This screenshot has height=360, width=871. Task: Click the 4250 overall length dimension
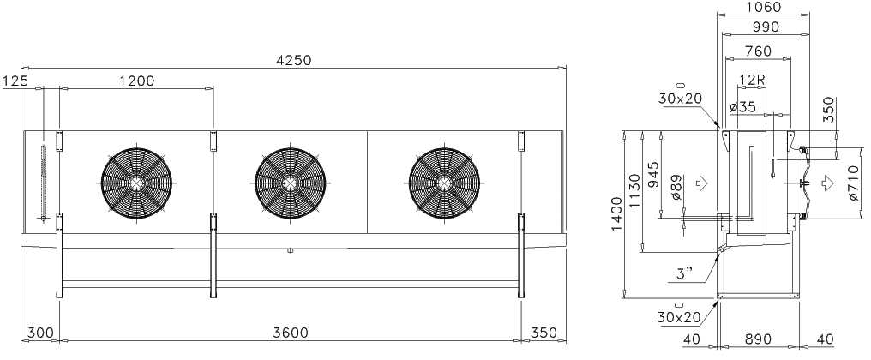pyautogui.click(x=294, y=60)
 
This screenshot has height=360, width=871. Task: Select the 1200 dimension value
pyautogui.click(x=136, y=81)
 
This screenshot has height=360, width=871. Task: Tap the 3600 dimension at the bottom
pyautogui.click(x=291, y=333)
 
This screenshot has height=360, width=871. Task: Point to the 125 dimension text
pyautogui.click(x=15, y=81)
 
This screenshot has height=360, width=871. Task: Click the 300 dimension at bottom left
pyautogui.click(x=40, y=333)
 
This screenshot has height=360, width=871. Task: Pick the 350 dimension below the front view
pyautogui.click(x=544, y=333)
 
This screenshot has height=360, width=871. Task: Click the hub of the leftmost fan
pyautogui.click(x=136, y=183)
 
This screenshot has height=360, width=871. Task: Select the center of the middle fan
pyautogui.click(x=291, y=183)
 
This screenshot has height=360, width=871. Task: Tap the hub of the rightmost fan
pyautogui.click(x=444, y=183)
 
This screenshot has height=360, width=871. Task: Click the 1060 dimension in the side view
pyautogui.click(x=763, y=7)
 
